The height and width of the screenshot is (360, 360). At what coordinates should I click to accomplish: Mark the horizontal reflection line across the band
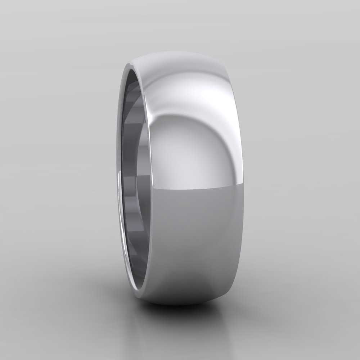[x=194, y=189]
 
